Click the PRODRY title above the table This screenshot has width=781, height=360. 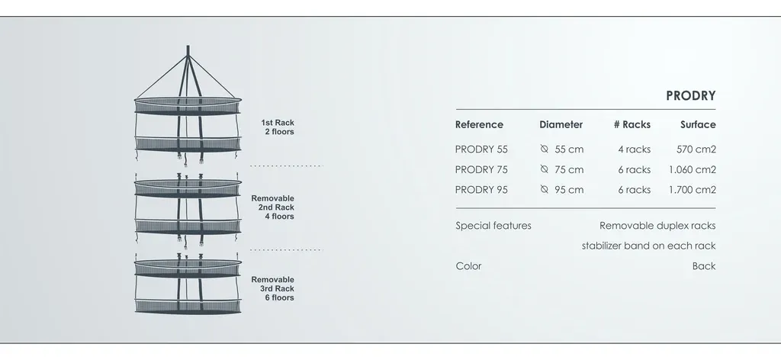click(690, 95)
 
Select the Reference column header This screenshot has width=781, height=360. click(479, 124)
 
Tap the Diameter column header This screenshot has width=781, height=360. click(561, 124)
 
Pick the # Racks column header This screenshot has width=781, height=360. click(632, 124)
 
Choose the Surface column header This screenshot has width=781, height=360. click(698, 124)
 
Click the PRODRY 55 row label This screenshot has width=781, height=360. click(481, 149)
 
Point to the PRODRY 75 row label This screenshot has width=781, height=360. click(481, 170)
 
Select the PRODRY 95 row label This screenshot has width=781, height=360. click(481, 190)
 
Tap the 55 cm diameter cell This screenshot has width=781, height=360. click(569, 149)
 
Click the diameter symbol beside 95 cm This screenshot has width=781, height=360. click(544, 189)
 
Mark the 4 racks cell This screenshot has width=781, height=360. click(634, 149)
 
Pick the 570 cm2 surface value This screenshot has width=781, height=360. click(696, 149)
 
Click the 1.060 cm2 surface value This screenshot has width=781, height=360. click(693, 170)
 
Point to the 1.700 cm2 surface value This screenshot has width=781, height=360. click(693, 190)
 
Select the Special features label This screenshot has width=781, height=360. click(493, 226)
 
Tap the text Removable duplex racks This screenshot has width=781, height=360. click(657, 226)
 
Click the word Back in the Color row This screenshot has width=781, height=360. click(704, 266)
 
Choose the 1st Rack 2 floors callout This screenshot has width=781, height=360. click(278, 127)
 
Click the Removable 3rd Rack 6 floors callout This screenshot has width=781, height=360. click(272, 289)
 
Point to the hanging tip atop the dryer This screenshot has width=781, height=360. click(188, 47)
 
